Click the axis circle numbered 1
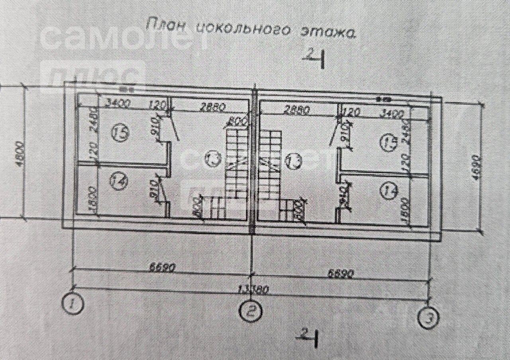73,304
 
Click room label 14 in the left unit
121,182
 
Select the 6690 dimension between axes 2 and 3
341,273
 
